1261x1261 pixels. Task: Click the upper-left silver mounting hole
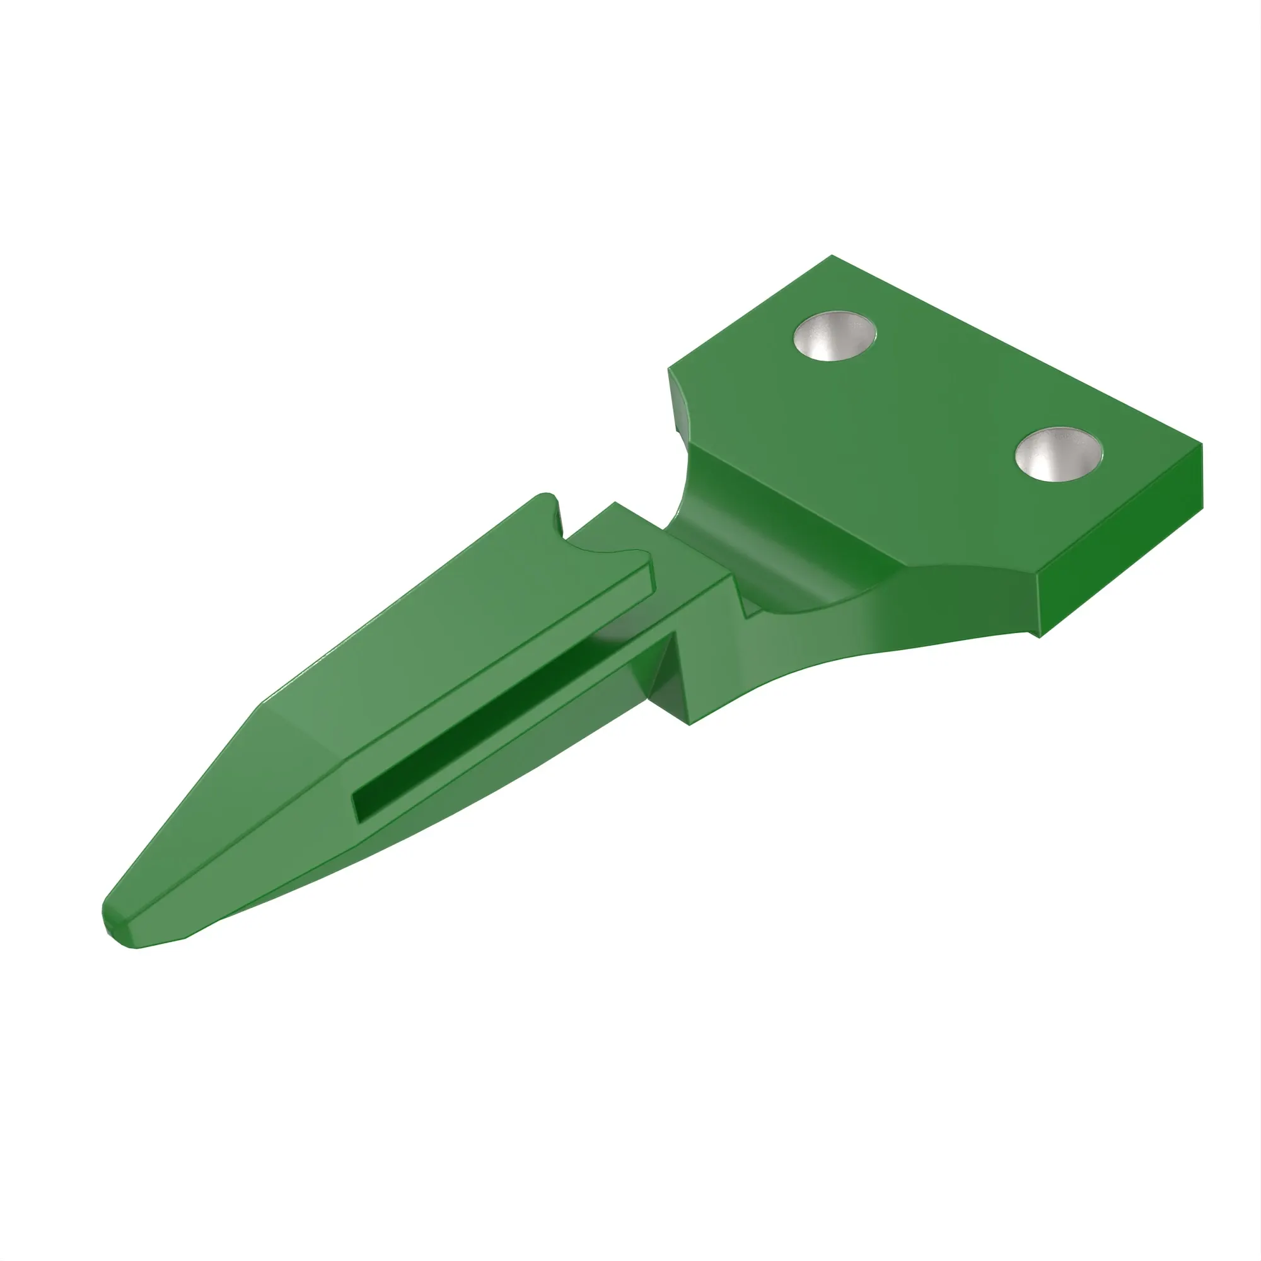pos(834,335)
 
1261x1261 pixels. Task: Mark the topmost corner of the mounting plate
pos(832,257)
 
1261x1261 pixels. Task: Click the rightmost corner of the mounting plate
pos(1201,445)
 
